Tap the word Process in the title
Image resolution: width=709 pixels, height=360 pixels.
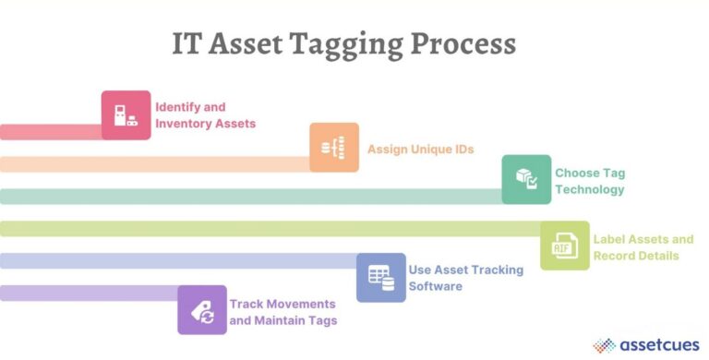468,44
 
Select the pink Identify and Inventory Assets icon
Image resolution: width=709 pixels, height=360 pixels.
126,115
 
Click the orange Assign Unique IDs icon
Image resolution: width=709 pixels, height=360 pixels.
333,148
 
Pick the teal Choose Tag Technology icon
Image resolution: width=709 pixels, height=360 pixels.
526,179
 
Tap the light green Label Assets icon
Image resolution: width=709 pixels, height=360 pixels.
564,246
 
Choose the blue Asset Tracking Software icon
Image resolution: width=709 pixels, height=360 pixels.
380,277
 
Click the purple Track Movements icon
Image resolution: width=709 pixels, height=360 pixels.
202,310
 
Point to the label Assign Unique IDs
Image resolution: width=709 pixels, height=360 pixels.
421,149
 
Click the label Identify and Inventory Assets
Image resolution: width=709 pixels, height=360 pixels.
205,115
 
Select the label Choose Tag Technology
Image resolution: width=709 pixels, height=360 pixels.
590,180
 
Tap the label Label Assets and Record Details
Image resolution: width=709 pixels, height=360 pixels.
643,246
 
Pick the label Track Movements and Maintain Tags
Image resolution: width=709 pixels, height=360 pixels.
282,311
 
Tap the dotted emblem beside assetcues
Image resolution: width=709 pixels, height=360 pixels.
604,343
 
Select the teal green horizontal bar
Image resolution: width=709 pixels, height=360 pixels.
249,196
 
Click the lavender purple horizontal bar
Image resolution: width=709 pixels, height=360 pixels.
89,294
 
